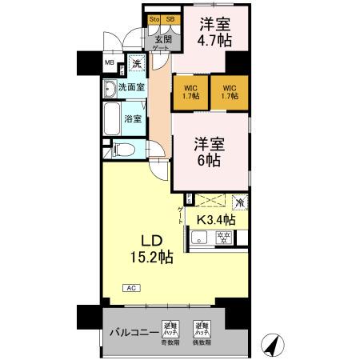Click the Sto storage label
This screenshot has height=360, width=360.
tap(154, 19)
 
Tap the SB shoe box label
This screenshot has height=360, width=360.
tap(170, 19)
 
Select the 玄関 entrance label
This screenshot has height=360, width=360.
tap(162, 38)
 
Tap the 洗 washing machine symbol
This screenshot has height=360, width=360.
tap(137, 62)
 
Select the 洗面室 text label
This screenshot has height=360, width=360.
tap(131, 86)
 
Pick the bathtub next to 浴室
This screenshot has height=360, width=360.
tap(111, 119)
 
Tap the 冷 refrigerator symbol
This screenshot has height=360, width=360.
tap(239, 202)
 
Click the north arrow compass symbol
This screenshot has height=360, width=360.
tap(274, 344)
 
